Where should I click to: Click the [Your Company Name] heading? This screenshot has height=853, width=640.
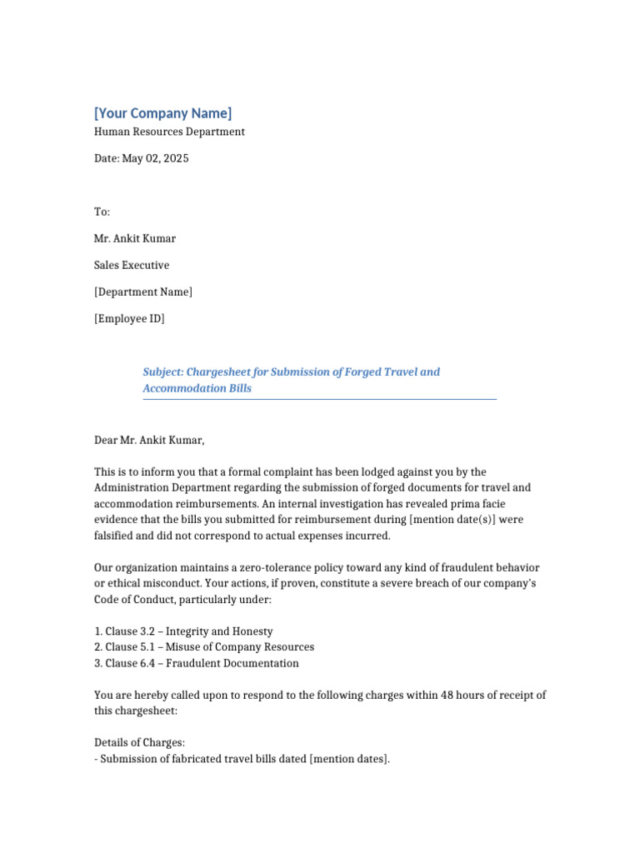tap(162, 113)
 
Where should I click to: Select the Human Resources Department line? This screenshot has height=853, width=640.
tap(169, 132)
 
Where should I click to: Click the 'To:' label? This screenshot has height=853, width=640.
tap(102, 212)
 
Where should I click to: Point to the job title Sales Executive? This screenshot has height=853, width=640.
tap(132, 265)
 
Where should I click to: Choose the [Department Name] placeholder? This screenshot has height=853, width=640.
tap(143, 292)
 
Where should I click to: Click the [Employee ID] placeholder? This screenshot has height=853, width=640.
tap(129, 318)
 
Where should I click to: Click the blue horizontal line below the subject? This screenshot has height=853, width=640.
tap(319, 400)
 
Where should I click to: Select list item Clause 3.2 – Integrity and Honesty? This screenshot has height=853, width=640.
tap(183, 631)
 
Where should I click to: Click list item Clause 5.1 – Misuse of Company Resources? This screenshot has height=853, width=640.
tap(204, 647)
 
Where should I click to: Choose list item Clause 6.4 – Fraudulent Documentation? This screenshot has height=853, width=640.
tap(197, 663)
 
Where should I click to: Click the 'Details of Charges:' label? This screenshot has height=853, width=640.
tap(139, 742)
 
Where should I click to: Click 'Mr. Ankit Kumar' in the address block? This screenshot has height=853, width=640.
tap(135, 238)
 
